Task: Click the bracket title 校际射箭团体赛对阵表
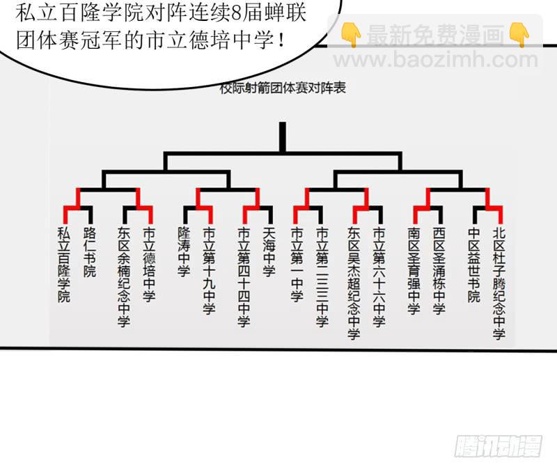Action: (283, 88)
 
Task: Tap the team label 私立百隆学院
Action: (64, 265)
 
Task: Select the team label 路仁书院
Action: (90, 252)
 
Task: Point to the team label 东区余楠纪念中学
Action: (124, 277)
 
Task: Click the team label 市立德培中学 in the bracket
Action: (149, 265)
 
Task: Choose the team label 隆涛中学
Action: (184, 252)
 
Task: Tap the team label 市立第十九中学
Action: (210, 271)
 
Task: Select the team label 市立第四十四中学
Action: (244, 277)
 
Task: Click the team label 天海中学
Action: (269, 252)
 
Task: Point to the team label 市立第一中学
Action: (297, 265)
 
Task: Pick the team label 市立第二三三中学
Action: (322, 277)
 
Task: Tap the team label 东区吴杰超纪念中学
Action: (354, 283)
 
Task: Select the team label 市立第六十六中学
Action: (379, 277)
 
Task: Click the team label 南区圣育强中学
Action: (414, 271)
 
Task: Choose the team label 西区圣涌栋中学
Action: (439, 271)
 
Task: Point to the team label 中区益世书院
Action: (474, 265)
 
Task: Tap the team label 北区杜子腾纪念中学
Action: (499, 283)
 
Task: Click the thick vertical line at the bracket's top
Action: (283, 137)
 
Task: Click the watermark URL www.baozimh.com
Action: (436, 60)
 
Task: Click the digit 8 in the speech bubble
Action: (236, 13)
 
